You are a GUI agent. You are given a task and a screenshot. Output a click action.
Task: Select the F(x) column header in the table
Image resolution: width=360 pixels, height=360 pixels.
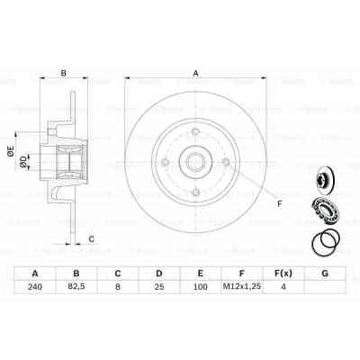click(283, 273)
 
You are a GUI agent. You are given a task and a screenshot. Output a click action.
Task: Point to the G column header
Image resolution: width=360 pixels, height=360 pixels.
click(324, 273)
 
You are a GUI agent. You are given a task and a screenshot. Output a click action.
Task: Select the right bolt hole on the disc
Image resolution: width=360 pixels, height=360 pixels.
click(225, 163)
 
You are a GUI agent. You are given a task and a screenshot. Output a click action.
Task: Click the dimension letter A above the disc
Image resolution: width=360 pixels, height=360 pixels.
click(195, 74)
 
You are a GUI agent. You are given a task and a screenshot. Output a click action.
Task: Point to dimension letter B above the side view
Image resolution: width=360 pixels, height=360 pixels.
click(63, 74)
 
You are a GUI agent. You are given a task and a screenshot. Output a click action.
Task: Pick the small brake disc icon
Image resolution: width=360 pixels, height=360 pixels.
click(328, 175)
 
